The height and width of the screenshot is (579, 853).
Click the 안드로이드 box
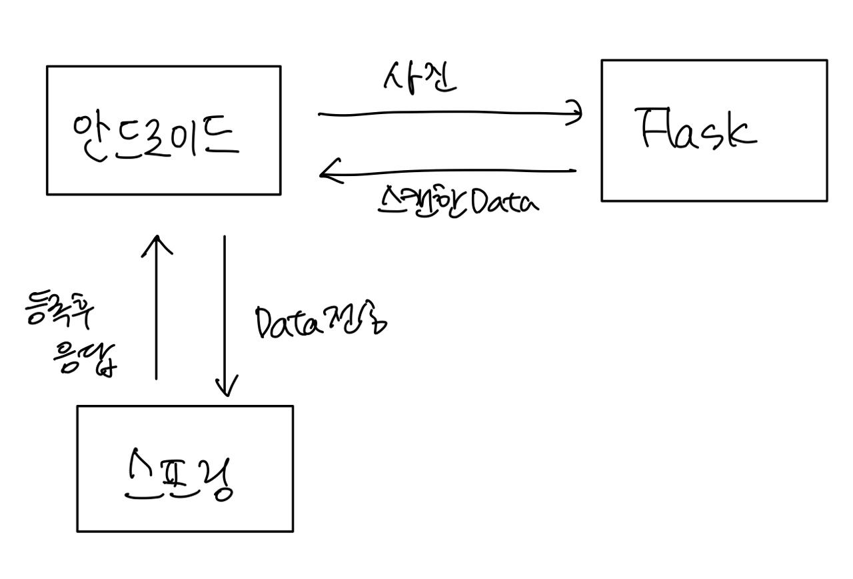pyautogui.click(x=163, y=130)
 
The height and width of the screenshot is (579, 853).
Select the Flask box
pyautogui.click(x=714, y=130)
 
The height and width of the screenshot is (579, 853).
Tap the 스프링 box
pyautogui.click(x=185, y=468)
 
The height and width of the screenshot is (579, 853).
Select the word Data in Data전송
pyautogui.click(x=289, y=323)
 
